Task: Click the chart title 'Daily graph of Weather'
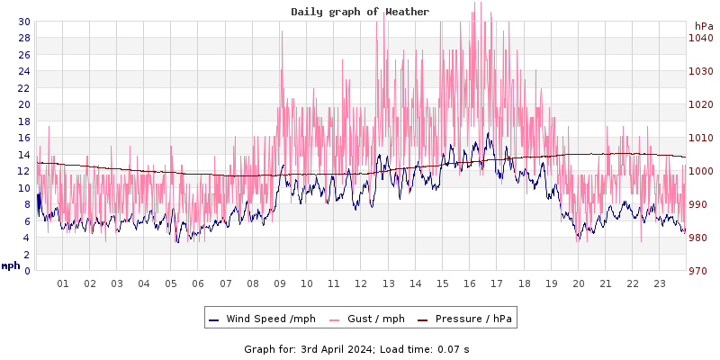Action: coord(360,12)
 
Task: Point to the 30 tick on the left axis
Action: coord(23,22)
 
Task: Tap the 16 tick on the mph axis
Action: coord(23,138)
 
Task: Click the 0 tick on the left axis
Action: coord(26,271)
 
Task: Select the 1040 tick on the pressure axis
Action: coord(701,38)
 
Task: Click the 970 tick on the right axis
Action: coord(701,271)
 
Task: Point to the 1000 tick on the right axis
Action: coord(701,171)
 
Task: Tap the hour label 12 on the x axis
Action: coord(361,283)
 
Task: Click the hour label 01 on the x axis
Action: coord(63,283)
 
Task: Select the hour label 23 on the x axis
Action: coord(659,283)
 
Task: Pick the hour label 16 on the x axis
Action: coord(469,283)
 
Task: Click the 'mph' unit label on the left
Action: coord(11,265)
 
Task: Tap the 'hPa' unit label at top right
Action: coord(704,26)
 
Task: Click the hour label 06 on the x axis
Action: coord(198,283)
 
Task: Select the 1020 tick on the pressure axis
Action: coord(701,104)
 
